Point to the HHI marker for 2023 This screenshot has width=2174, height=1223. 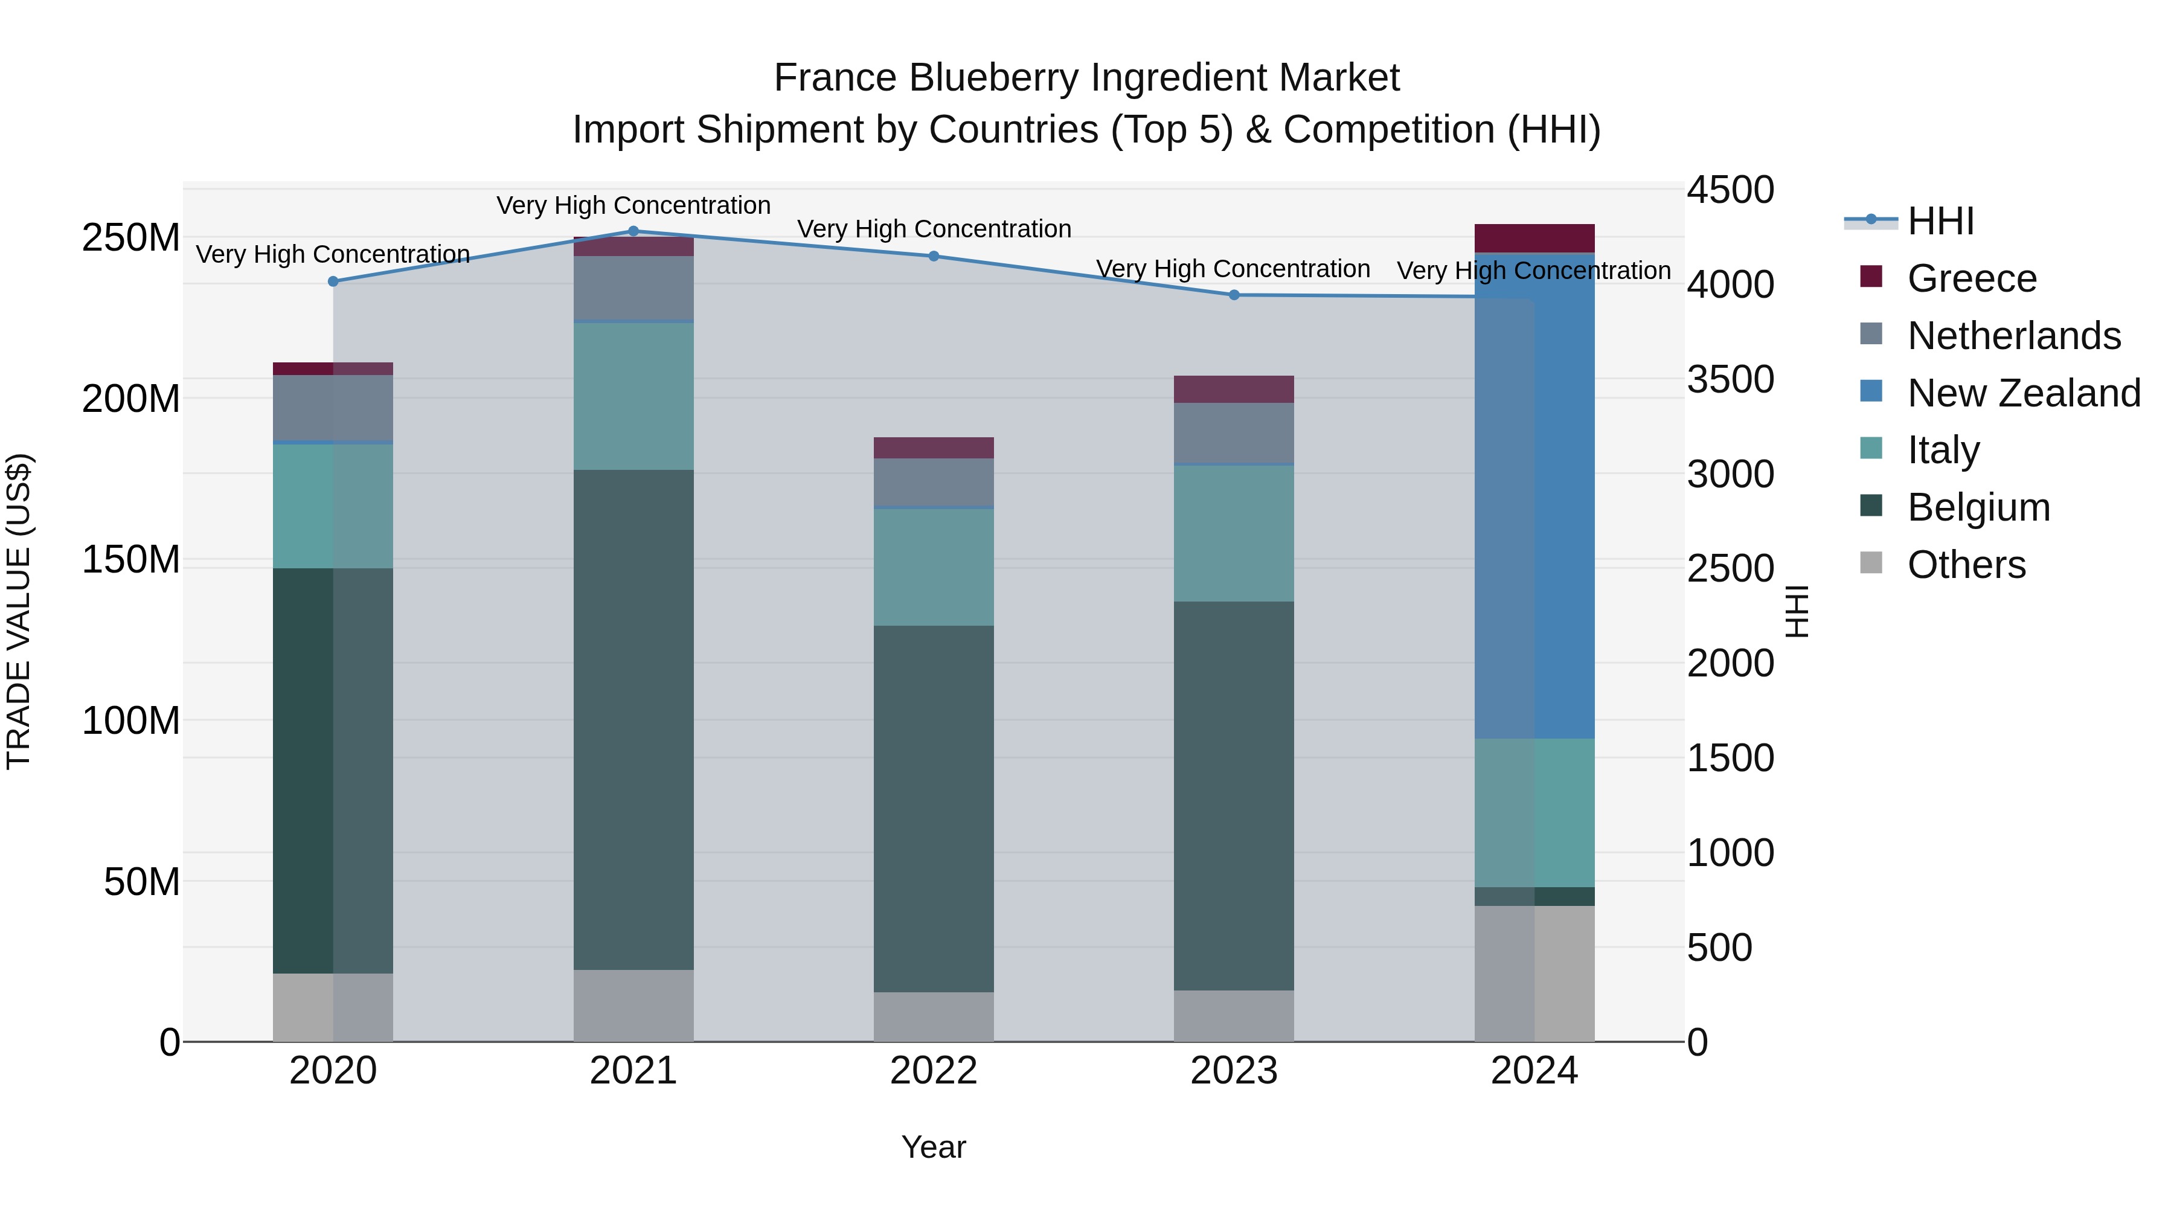click(x=1234, y=295)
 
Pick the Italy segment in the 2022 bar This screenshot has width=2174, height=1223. click(x=934, y=567)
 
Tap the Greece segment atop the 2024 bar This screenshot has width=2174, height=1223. click(x=1534, y=238)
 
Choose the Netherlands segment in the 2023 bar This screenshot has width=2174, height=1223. click(x=1234, y=433)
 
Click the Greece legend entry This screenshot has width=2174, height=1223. click(x=1972, y=278)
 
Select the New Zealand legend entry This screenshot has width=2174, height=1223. click(x=2023, y=393)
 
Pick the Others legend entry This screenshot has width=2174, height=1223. click(x=1966, y=565)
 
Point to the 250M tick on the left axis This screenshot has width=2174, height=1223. click(x=131, y=238)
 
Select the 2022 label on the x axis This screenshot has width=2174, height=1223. click(x=934, y=1071)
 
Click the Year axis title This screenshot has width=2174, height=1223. click(x=934, y=1147)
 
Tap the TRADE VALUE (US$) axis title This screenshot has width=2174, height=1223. click(x=19, y=611)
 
